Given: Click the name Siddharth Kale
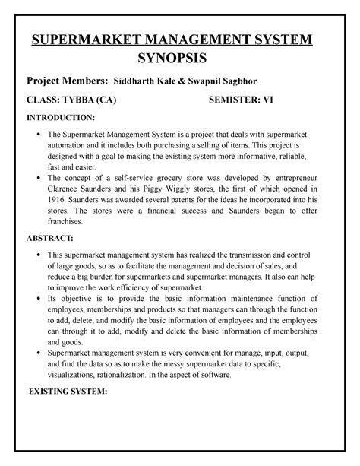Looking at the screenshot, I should pyautogui.click(x=143, y=81).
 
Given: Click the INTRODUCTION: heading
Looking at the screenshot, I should pyautogui.click(x=61, y=119).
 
